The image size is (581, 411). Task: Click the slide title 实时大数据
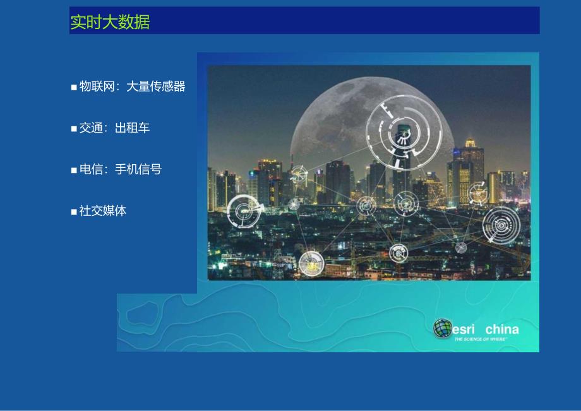[x=110, y=22]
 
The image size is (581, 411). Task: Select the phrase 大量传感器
[x=156, y=86]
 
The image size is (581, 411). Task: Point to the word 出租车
[x=132, y=128]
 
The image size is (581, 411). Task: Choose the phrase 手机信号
[x=138, y=169]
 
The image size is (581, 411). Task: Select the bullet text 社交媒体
[x=102, y=211]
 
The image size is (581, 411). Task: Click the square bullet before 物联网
[x=74, y=87]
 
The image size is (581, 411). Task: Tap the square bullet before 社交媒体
[x=74, y=211]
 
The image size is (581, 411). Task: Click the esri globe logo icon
[x=443, y=328]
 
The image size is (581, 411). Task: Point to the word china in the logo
[x=502, y=329]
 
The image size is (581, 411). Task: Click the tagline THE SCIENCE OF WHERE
[x=481, y=339]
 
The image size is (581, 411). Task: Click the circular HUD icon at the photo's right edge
[x=502, y=225]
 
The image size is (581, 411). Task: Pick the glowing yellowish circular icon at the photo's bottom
[x=311, y=263]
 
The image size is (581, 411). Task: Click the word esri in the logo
[x=466, y=329]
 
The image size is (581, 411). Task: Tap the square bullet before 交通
[x=74, y=129]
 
